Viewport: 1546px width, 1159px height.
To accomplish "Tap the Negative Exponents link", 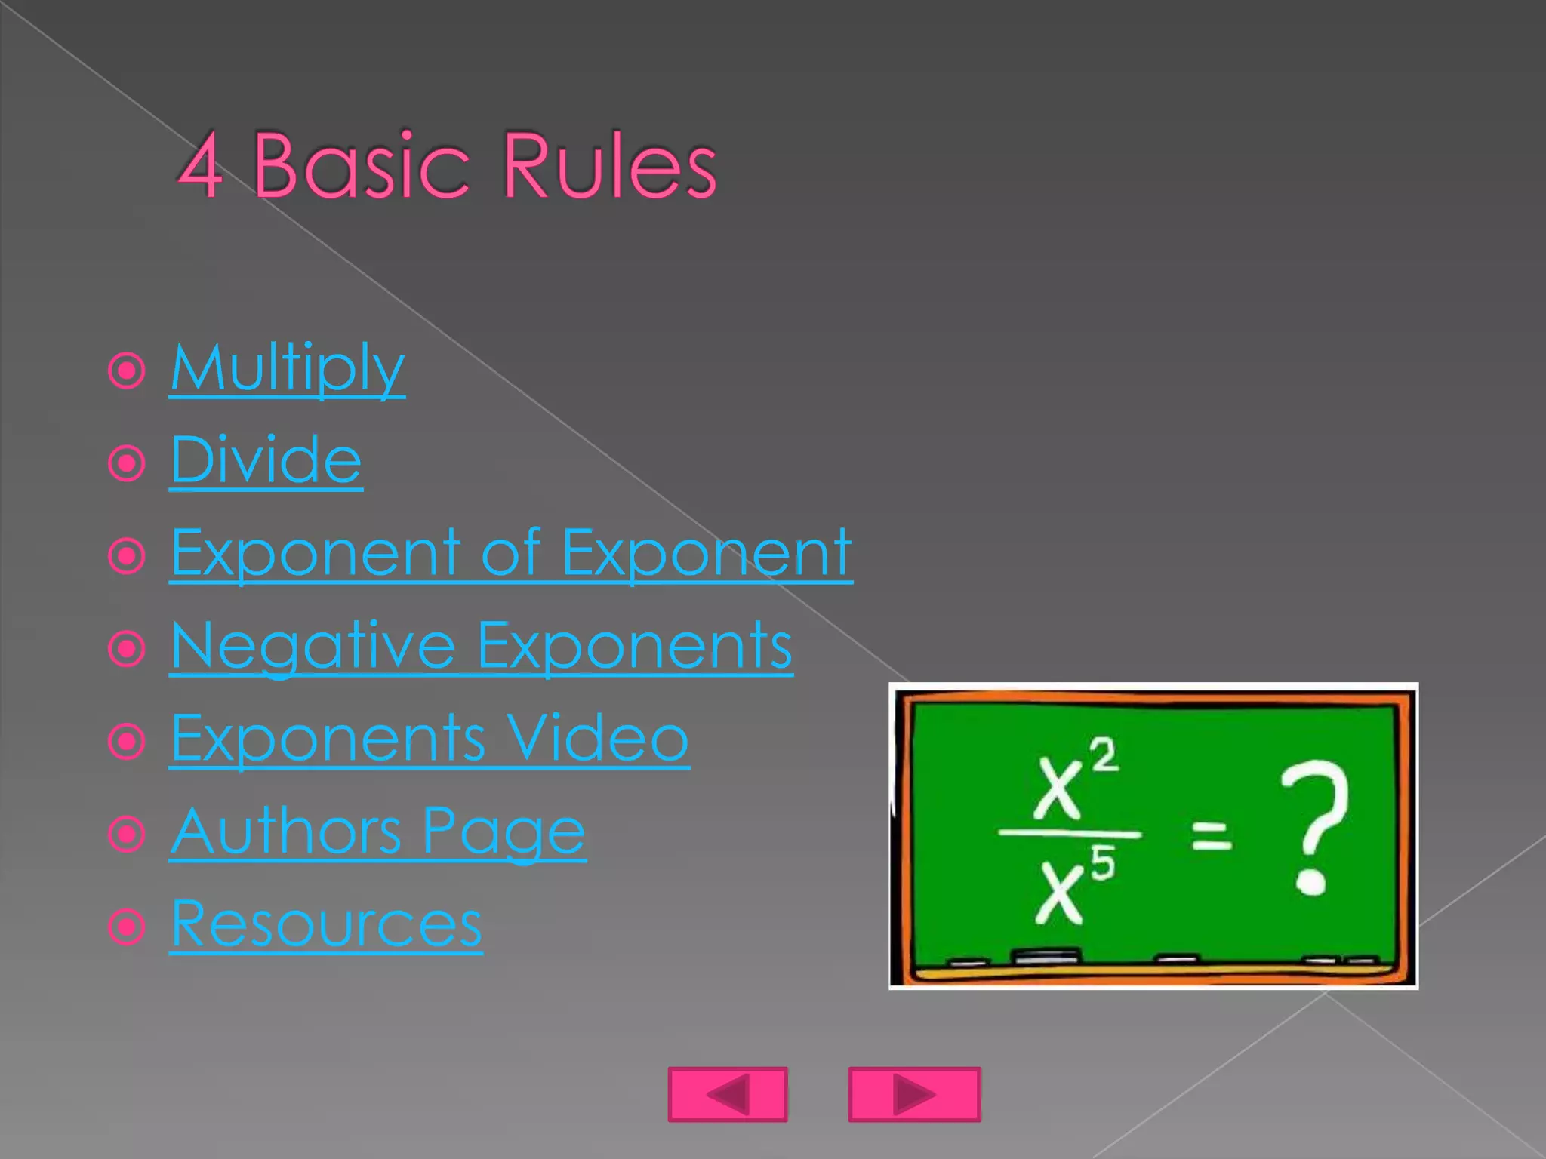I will point(481,646).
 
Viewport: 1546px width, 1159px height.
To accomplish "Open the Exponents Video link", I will point(429,739).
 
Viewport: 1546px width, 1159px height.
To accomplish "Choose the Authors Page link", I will point(377,832).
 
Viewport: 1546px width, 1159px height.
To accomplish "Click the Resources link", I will point(325,924).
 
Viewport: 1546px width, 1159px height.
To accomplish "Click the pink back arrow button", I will point(728,1094).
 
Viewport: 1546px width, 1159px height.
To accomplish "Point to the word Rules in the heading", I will point(608,166).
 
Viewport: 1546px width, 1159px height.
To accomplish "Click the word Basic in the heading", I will point(361,166).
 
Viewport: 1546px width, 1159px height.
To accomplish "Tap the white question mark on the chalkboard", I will point(1313,826).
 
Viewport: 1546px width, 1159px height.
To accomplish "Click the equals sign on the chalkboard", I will point(1211,836).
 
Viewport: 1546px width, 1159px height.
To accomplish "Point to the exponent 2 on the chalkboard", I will point(1104,755).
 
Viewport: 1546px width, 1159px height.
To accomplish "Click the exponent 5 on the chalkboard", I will point(1103,863).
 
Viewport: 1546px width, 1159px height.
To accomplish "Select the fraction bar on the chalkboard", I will point(1069,834).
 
